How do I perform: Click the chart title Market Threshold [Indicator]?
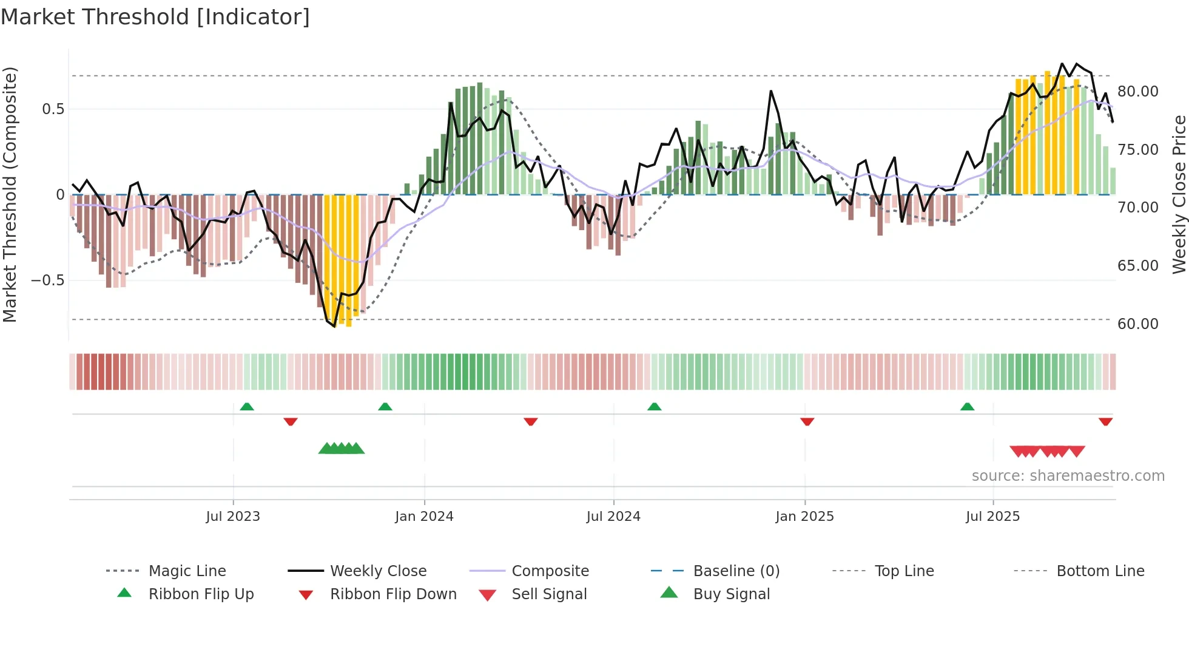(155, 17)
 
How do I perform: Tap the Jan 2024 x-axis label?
(424, 517)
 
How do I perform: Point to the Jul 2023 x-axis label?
(233, 517)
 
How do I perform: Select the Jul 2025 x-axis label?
(992, 517)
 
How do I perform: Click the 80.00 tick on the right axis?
(1137, 92)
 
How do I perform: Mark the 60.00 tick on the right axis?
(1137, 324)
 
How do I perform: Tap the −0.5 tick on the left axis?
(48, 280)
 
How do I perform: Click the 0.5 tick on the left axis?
(53, 109)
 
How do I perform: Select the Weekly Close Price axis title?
(1179, 194)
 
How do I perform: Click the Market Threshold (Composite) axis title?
(10, 194)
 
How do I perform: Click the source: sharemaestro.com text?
(1068, 476)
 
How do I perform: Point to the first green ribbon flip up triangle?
(247, 407)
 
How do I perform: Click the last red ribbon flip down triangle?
(1105, 421)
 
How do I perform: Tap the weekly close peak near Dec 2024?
(771, 92)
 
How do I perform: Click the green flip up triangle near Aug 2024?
(654, 407)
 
